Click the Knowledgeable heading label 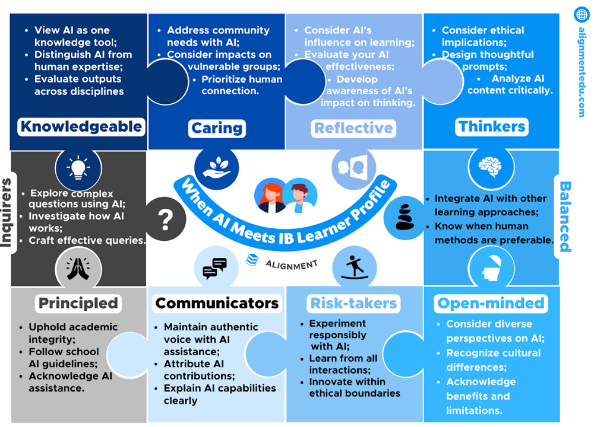coord(81,126)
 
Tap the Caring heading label coord(217,128)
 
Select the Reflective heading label coord(353,128)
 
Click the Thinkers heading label coord(492,126)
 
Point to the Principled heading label coord(78,303)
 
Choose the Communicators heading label coord(217,303)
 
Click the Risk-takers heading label coord(353,303)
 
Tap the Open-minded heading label coord(491,303)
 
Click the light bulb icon coord(78,168)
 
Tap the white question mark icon coord(165,219)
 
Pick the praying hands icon coord(78,268)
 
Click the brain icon coord(491,166)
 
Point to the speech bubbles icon coord(214,268)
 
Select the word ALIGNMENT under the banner coord(290,263)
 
